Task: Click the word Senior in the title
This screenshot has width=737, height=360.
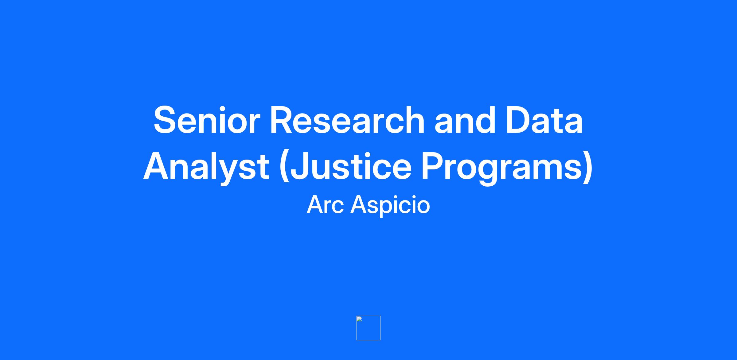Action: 207,120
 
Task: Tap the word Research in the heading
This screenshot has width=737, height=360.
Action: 347,120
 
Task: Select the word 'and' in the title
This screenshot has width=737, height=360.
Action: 465,120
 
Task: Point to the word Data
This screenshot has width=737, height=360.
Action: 544,120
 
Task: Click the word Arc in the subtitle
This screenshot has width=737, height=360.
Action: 325,205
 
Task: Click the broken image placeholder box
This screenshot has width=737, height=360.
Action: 368,328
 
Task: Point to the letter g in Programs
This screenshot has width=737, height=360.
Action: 488,172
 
